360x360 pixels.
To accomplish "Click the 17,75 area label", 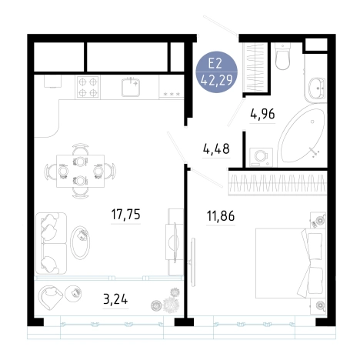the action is tap(125, 215).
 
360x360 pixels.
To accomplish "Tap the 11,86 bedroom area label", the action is tap(221, 216).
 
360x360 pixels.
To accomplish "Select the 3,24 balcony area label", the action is tap(115, 299).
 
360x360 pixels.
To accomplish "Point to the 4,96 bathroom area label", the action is tap(262, 114).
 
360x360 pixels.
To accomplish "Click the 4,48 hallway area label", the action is tap(216, 148).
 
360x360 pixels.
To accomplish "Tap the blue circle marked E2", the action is tap(216, 72).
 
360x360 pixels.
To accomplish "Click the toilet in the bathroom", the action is tap(282, 55).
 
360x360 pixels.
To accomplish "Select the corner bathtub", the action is tap(302, 136).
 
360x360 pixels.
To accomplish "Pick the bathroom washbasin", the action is tap(317, 88).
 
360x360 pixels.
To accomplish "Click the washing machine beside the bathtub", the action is tap(261, 157).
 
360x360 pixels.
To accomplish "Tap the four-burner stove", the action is tap(88, 87).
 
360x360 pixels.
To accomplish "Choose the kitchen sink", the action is tap(131, 87).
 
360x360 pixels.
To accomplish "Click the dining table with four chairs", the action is tap(81, 171).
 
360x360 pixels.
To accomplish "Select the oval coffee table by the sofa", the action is tap(80, 242).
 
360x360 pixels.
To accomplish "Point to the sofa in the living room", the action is tap(52, 243).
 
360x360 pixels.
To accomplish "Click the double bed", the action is tap(290, 263).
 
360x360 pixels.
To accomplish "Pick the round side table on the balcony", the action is tap(73, 293).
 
